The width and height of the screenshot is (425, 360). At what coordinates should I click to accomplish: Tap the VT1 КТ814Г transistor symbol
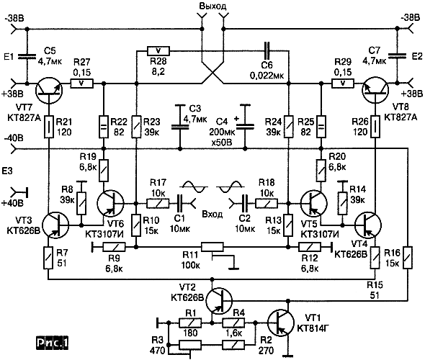click(280, 323)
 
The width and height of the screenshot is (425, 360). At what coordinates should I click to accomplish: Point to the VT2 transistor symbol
click(219, 300)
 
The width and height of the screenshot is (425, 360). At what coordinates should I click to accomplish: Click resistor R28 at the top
click(158, 50)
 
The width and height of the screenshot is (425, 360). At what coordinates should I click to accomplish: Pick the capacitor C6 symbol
click(267, 50)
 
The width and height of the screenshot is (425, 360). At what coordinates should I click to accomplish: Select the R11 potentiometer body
click(212, 247)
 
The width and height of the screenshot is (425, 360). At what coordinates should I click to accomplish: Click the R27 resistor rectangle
click(81, 84)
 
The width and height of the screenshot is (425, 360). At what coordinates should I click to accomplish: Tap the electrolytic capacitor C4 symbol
click(245, 126)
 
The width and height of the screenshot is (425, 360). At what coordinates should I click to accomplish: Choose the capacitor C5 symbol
click(27, 56)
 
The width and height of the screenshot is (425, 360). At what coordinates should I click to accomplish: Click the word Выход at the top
click(212, 6)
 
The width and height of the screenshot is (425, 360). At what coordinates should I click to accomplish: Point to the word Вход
click(212, 215)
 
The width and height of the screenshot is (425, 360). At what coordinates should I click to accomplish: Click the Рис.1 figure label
click(53, 343)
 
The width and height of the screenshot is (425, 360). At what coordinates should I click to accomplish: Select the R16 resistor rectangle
click(408, 257)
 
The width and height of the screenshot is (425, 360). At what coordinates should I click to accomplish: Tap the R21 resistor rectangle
click(49, 127)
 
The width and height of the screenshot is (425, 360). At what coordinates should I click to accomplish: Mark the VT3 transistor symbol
click(56, 225)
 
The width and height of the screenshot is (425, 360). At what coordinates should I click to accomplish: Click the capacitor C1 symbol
click(179, 203)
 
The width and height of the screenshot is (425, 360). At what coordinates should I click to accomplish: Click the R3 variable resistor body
click(190, 345)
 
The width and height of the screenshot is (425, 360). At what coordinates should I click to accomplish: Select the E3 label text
click(7, 171)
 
